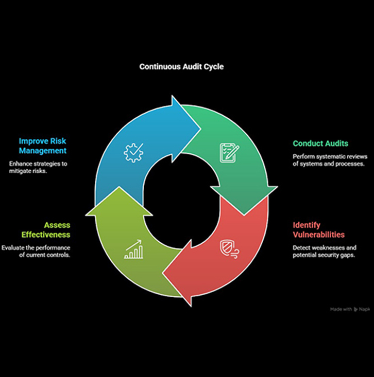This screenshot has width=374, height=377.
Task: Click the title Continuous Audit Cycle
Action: [181, 66]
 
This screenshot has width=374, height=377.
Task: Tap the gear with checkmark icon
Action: [133, 153]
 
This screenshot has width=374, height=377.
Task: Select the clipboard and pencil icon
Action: [229, 153]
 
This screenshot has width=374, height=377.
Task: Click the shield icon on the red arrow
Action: [229, 249]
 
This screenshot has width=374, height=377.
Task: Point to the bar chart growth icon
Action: [133, 249]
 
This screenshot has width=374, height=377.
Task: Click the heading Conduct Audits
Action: [320, 143]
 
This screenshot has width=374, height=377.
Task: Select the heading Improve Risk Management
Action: [43, 146]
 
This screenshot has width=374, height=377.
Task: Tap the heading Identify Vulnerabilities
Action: [318, 230]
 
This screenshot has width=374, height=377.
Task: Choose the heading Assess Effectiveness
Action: [46, 230]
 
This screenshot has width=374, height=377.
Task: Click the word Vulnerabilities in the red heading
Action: [318, 235]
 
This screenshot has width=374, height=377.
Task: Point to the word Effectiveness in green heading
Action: [46, 235]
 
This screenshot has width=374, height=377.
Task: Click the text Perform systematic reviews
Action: [330, 156]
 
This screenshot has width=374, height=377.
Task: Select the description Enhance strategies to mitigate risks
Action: [38, 167]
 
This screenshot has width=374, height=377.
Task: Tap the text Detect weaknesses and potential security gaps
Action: [325, 252]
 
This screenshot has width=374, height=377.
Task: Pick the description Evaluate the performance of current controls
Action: [36, 252]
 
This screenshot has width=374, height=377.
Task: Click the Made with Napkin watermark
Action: [350, 309]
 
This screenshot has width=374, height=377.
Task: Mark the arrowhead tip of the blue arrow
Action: [201, 129]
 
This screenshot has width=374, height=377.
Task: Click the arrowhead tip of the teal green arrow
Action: [244, 215]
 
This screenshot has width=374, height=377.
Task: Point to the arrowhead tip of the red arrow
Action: [163, 273]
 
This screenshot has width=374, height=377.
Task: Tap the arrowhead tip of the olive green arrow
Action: [119, 187]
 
